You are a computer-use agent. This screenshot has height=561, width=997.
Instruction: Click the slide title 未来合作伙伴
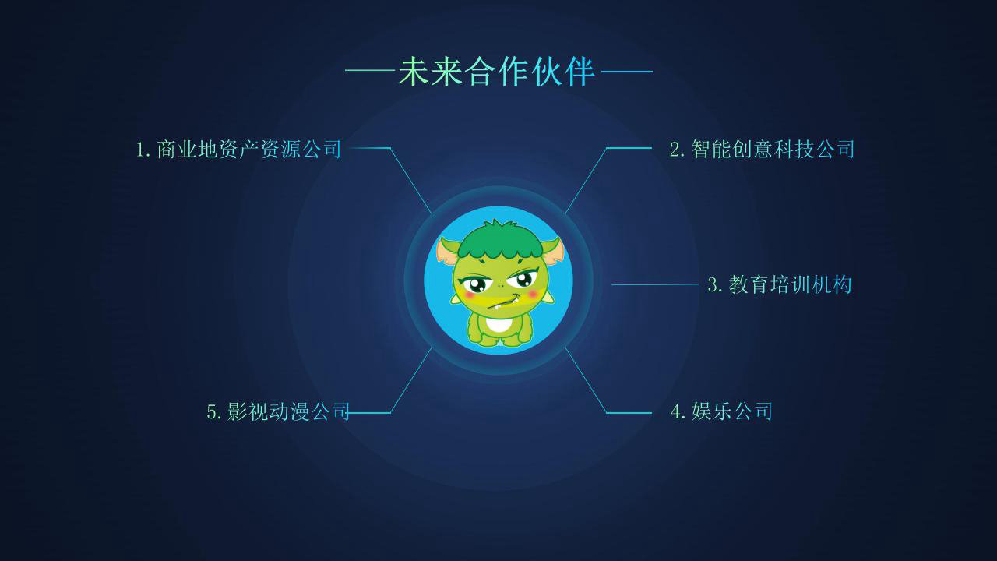click(496, 71)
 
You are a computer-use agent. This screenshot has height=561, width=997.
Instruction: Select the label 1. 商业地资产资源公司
click(238, 149)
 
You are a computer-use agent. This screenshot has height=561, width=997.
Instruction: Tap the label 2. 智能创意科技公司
click(762, 149)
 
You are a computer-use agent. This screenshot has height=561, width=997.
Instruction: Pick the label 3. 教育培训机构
click(780, 284)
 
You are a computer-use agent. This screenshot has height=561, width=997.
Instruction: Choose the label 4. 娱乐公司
click(721, 411)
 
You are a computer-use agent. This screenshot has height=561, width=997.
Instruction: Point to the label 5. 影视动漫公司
click(278, 411)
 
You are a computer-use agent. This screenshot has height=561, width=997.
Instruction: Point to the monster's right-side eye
click(523, 280)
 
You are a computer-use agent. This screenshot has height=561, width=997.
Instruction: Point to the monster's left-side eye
click(475, 284)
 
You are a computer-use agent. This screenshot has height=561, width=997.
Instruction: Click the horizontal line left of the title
click(370, 70)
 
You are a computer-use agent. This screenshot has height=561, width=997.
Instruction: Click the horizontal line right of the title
click(627, 71)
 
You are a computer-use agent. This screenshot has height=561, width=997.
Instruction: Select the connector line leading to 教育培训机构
click(655, 284)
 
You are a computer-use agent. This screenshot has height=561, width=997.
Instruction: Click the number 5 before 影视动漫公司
click(211, 412)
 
